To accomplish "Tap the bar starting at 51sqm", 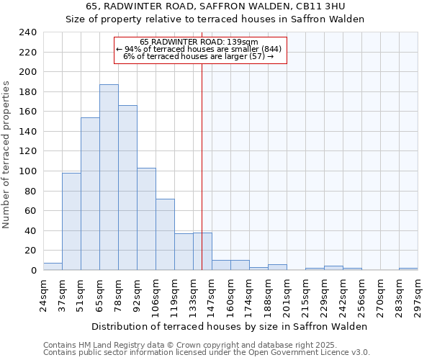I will pyautogui.click(x=90, y=194).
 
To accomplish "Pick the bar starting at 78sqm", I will pyautogui.click(x=127, y=188).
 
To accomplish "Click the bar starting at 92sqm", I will pyautogui.click(x=146, y=219).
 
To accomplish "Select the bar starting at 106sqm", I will pyautogui.click(x=165, y=235).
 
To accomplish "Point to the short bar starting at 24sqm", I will pyautogui.click(x=53, y=266).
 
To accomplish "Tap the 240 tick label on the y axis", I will pyautogui.click(x=27, y=32).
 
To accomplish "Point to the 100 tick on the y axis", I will pyautogui.click(x=27, y=171).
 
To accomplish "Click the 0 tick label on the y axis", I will pyautogui.click(x=33, y=271).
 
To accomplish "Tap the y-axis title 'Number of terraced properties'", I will pyautogui.click(x=6, y=155).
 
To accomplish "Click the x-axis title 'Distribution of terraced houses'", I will pyautogui.click(x=230, y=326).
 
